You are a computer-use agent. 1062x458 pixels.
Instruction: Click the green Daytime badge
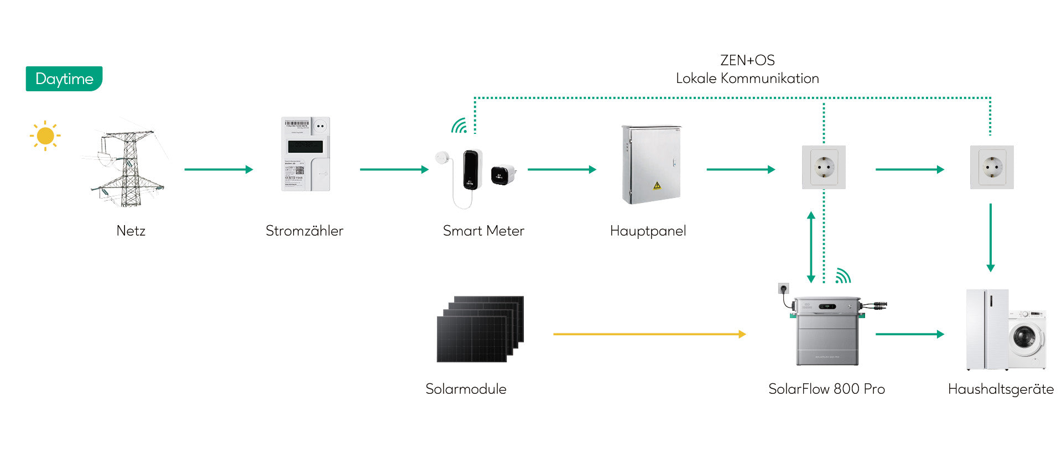tap(64, 79)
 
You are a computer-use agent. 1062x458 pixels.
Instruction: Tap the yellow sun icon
tap(45, 136)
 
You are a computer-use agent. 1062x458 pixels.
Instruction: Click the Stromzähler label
tap(304, 231)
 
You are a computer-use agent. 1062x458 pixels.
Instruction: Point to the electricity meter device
tap(305, 154)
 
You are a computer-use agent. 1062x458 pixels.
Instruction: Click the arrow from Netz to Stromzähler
tap(218, 169)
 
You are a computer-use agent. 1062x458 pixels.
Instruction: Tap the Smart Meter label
tap(483, 231)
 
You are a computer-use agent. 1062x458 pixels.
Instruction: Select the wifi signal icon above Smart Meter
tap(459, 126)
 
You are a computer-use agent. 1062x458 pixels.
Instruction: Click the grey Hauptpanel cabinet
tap(651, 164)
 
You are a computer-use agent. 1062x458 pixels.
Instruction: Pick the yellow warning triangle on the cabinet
tap(657, 185)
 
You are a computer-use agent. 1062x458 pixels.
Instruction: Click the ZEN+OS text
tap(747, 60)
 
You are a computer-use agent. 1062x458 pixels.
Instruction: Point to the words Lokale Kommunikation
tap(747, 79)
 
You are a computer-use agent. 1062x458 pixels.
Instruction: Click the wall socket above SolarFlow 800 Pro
tap(824, 167)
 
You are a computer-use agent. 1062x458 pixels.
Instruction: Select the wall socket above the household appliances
tap(992, 167)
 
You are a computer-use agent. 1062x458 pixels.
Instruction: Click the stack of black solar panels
tap(480, 329)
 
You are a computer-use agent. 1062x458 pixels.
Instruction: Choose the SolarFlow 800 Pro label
tap(826, 389)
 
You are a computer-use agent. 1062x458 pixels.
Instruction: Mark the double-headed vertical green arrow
tap(811, 247)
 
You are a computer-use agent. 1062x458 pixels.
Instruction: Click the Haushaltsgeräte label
tap(1001, 389)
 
